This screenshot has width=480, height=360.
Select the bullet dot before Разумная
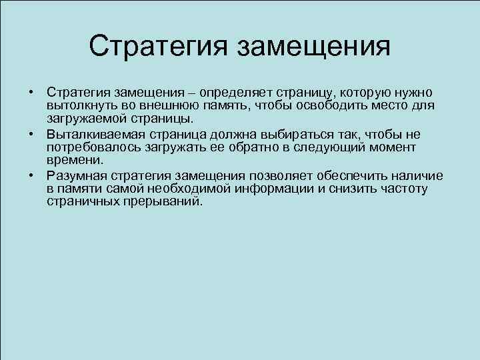[31, 175]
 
